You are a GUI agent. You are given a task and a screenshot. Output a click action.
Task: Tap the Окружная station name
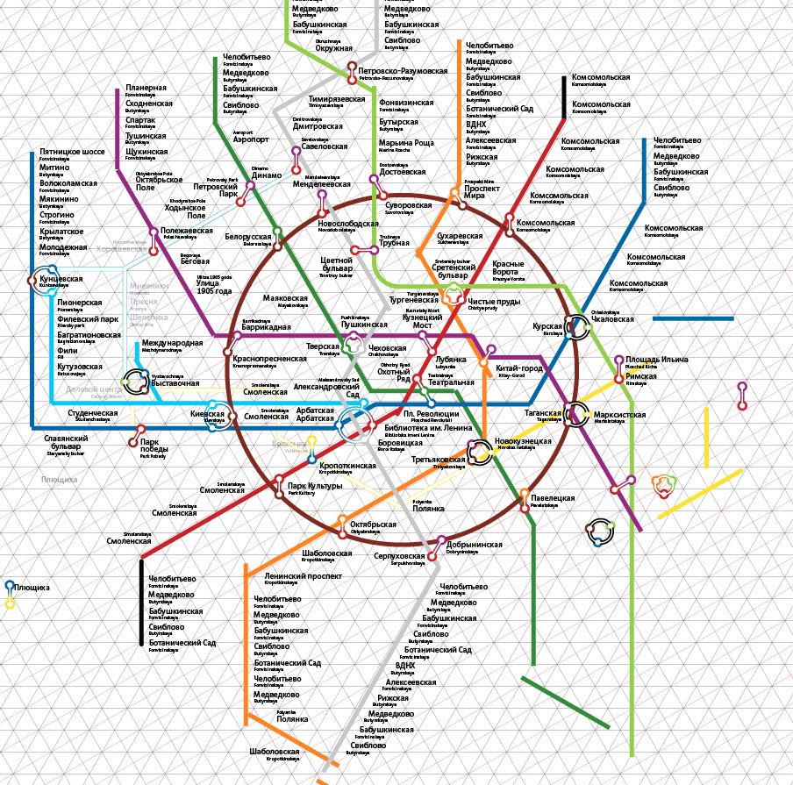(334, 48)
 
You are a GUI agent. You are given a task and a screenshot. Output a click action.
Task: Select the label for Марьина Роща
(406, 143)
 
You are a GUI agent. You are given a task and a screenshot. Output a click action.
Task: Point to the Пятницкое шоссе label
(72, 152)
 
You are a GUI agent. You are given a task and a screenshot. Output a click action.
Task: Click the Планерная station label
(146, 88)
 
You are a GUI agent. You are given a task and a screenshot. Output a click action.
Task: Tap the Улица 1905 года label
(213, 287)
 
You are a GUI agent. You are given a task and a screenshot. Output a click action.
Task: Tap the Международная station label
(172, 343)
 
